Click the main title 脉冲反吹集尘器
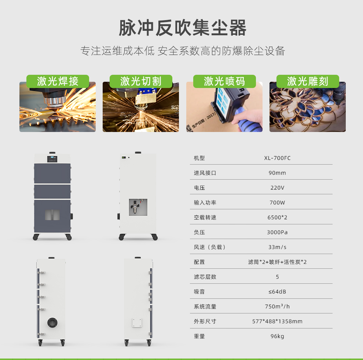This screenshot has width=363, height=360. (182, 28)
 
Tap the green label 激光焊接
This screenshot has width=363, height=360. (58, 81)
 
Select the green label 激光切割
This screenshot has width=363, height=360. (141, 81)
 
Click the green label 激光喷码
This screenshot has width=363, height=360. (224, 81)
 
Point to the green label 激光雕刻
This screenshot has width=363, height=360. (308, 81)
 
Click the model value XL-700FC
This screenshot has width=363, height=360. (277, 158)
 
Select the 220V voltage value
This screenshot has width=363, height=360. (277, 188)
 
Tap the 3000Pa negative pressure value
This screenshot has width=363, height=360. (277, 232)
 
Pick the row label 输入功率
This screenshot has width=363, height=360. (205, 202)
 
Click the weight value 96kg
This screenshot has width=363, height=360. (277, 336)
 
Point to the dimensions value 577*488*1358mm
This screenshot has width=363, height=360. (277, 321)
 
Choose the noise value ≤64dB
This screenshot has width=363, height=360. (277, 291)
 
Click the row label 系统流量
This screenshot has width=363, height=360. (205, 306)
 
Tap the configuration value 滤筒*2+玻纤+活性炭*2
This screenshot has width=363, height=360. (277, 262)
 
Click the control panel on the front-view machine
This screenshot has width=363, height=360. (52, 159)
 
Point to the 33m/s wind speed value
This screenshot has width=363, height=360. (277, 247)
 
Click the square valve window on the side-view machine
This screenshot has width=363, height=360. (138, 207)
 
